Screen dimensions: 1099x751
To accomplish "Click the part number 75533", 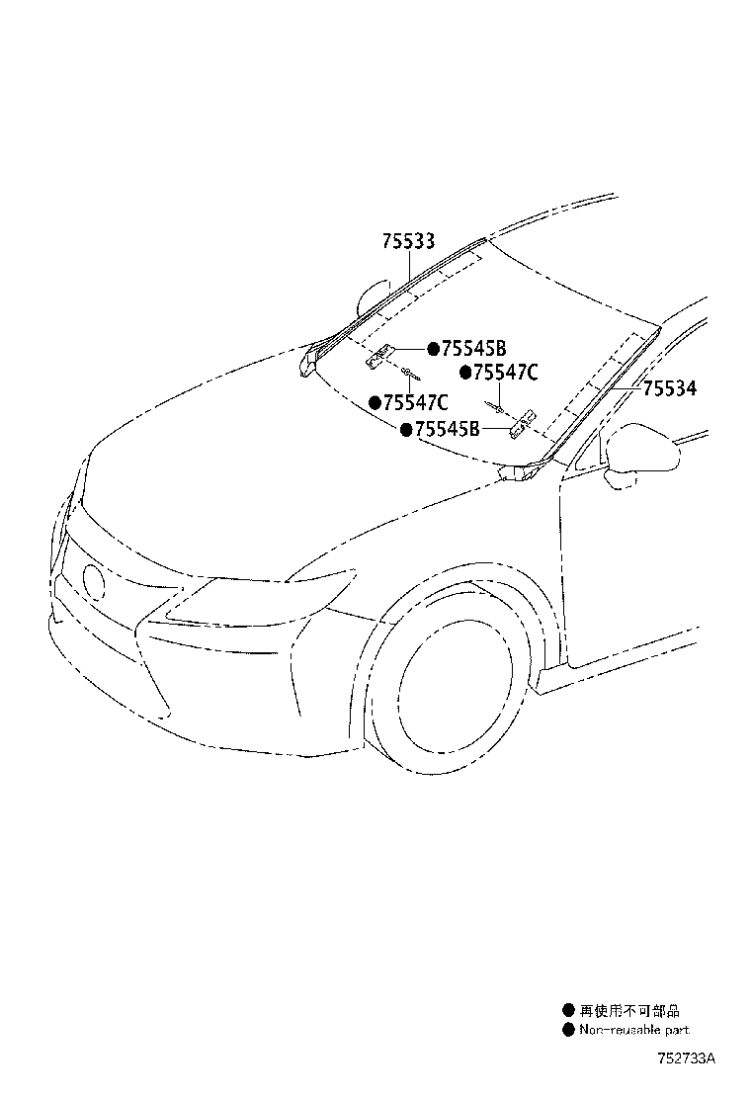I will click(x=409, y=241).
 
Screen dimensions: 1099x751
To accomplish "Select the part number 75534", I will click(x=670, y=389).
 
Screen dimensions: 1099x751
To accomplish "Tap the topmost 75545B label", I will click(x=473, y=348).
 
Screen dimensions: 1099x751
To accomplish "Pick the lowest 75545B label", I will click(x=447, y=429).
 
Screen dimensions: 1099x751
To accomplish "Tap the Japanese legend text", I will click(x=629, y=1011).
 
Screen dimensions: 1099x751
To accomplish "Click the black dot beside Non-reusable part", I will click(x=568, y=1030).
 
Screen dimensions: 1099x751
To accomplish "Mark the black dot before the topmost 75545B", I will click(x=433, y=348).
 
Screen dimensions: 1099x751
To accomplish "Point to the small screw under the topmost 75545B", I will click(x=407, y=372).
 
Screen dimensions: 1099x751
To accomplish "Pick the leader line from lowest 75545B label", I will click(x=494, y=430).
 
